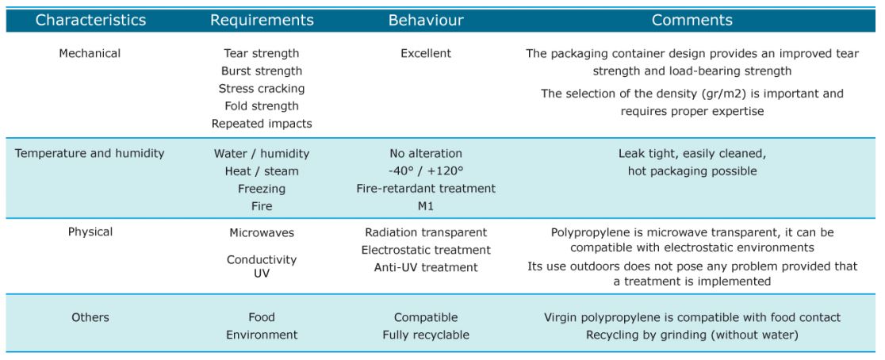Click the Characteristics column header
coord(90,21)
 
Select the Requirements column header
coord(262,21)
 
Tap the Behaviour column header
coord(426,21)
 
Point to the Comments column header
coord(692,21)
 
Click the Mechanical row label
coord(90,54)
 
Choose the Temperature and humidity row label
coord(90,154)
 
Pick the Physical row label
coord(90,232)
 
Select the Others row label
coord(90,318)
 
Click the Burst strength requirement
coord(262,71)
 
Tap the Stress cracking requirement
coord(262,89)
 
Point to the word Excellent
coord(426,54)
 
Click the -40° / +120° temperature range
coord(426,171)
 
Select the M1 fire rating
coord(426,206)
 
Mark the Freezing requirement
coord(262,189)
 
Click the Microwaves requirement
coord(262,232)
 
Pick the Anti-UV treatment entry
coord(426,267)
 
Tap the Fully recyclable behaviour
coord(426,335)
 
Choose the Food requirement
coord(262,318)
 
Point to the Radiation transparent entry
coord(426,232)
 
